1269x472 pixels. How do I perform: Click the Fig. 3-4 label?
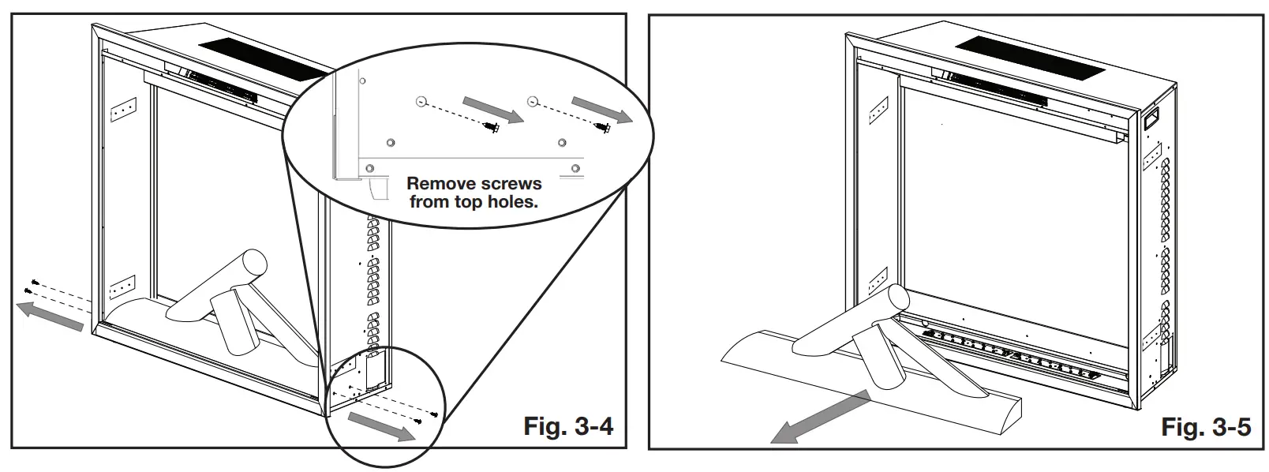click(x=568, y=425)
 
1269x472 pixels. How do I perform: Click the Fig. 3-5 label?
click(x=1206, y=426)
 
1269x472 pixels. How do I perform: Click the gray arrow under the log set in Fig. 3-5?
click(x=820, y=417)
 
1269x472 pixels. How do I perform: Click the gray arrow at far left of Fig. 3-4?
click(x=50, y=317)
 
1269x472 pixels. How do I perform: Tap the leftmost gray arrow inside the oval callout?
click(x=493, y=109)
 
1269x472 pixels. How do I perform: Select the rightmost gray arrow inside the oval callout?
click(x=602, y=109)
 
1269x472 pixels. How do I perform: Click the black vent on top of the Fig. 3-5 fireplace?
click(x=1030, y=58)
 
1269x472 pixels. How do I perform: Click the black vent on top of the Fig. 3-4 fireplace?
click(x=266, y=59)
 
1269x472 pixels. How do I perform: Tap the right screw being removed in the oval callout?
click(x=603, y=128)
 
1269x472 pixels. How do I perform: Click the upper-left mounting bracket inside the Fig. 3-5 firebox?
click(x=878, y=110)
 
